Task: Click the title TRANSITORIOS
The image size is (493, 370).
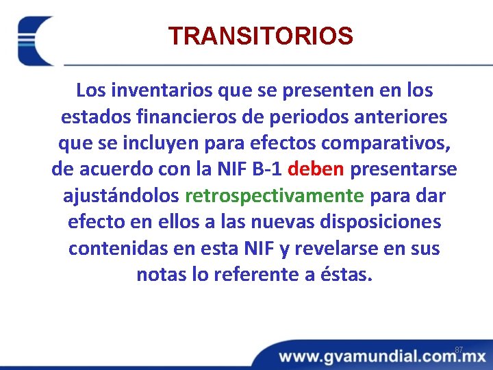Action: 260,36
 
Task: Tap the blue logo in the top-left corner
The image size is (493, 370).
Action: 35,41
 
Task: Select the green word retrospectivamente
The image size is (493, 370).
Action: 275,196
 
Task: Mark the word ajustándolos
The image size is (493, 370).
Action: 121,196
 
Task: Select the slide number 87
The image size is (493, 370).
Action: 459,350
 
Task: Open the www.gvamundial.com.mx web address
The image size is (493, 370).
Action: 381,357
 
